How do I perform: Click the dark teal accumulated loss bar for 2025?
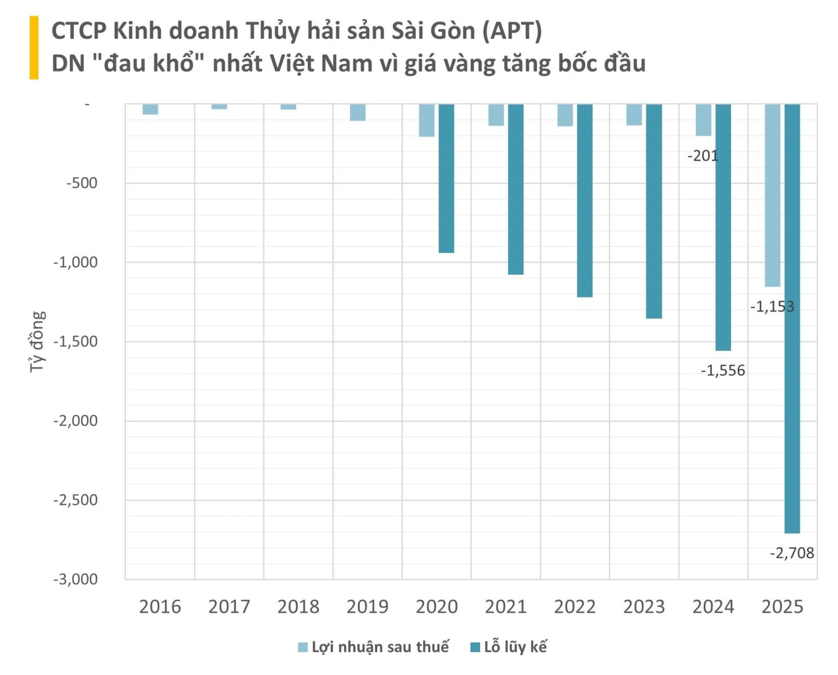pyautogui.click(x=792, y=318)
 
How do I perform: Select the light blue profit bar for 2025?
pyautogui.click(x=772, y=195)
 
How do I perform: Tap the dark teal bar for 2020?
pyautogui.click(x=446, y=178)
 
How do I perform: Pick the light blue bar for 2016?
pyautogui.click(x=150, y=109)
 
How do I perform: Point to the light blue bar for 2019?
pyautogui.click(x=358, y=112)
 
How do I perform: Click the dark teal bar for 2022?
pyautogui.click(x=585, y=200)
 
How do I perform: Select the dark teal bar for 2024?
pyautogui.click(x=723, y=227)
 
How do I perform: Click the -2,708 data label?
pyautogui.click(x=792, y=553)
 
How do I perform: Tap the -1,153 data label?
pyautogui.click(x=772, y=307)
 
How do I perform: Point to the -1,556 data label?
pyautogui.click(x=723, y=371)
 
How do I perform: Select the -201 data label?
pyautogui.click(x=703, y=156)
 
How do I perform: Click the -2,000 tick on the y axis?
pyautogui.click(x=75, y=421)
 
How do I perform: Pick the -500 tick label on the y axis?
pyautogui.click(x=82, y=183)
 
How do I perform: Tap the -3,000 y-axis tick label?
pyautogui.click(x=75, y=579)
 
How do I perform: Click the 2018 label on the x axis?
pyautogui.click(x=298, y=607)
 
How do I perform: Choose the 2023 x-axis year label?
pyautogui.click(x=644, y=607)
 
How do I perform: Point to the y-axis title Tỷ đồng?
pyautogui.click(x=37, y=341)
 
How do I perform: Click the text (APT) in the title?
pyautogui.click(x=512, y=31)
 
